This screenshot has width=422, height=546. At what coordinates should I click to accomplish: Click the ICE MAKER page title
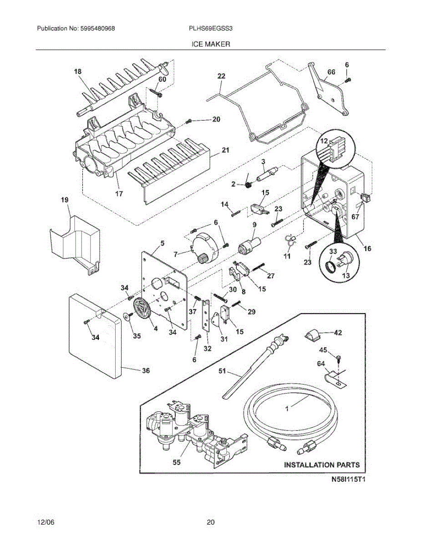(210, 44)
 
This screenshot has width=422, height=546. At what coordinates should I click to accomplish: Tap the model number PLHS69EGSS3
(211, 28)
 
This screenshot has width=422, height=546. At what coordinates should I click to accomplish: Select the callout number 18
(78, 71)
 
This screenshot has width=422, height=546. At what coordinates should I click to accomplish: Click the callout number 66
(331, 72)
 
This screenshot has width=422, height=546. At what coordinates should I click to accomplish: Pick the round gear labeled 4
(142, 312)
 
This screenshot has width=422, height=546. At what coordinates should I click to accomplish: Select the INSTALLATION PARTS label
(322, 465)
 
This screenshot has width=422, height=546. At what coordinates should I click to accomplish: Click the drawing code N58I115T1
(349, 479)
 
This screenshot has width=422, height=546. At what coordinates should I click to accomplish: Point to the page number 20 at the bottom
(210, 522)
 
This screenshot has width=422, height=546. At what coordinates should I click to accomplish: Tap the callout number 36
(145, 371)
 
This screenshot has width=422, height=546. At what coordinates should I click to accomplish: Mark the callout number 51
(222, 371)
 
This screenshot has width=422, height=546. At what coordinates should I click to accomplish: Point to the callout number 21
(226, 150)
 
